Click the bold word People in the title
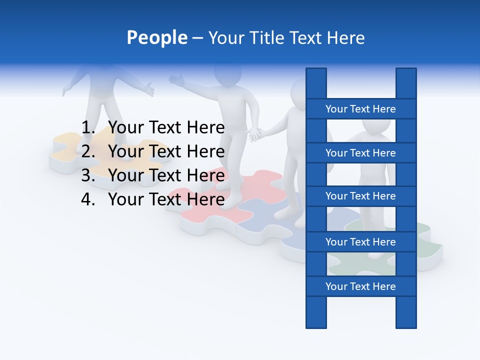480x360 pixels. [x=156, y=37]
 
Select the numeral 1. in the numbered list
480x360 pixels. [x=88, y=127]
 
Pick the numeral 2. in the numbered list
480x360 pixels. [x=88, y=151]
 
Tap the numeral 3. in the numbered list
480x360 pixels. [x=88, y=175]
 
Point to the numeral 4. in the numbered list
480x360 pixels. [x=88, y=199]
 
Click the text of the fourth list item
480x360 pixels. [x=166, y=199]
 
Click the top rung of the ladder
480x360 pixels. [x=360, y=108]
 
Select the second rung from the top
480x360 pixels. [x=360, y=152]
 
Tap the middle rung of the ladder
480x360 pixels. [x=360, y=196]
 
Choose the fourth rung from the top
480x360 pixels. [x=360, y=241]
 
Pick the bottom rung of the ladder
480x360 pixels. [x=360, y=286]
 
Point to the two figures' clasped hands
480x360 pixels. [x=255, y=134]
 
